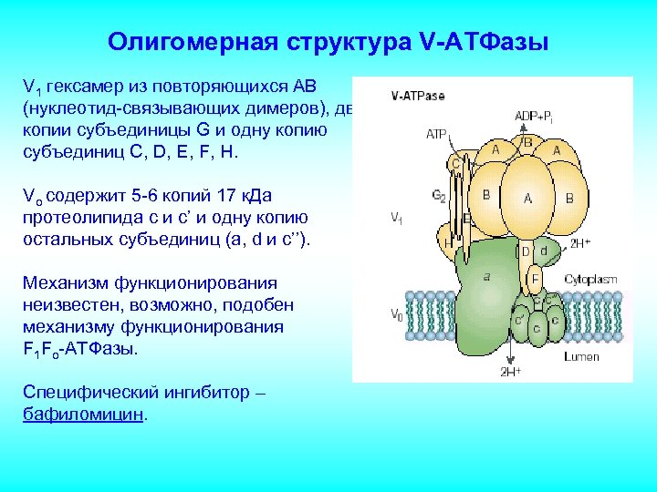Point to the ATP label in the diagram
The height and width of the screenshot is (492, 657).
pos(436,134)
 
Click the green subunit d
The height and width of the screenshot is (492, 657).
pos(543,251)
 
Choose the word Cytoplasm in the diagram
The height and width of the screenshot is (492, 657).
pos(589,279)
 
